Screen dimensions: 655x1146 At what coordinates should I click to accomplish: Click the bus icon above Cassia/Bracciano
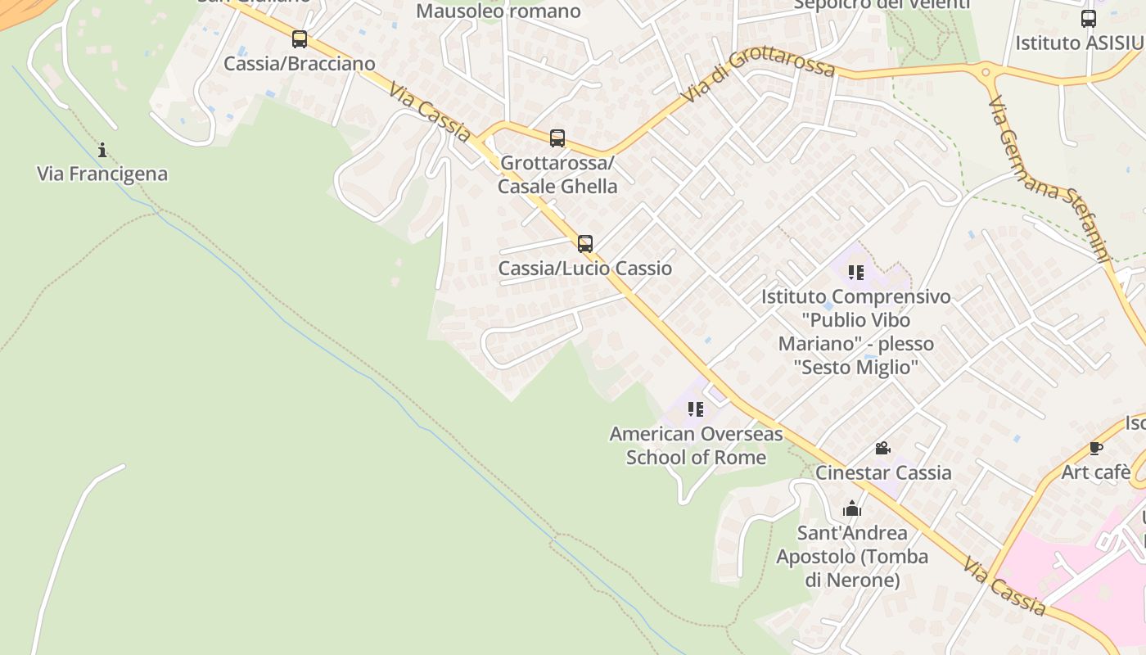click(x=300, y=38)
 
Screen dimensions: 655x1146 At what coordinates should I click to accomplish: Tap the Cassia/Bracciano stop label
click(x=300, y=64)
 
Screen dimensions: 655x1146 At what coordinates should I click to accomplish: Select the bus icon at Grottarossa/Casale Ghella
click(x=557, y=138)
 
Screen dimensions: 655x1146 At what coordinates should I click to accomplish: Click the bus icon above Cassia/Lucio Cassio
click(x=585, y=243)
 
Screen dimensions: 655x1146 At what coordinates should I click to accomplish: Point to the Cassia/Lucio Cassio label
click(x=585, y=269)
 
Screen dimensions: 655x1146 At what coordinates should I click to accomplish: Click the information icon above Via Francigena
click(x=102, y=150)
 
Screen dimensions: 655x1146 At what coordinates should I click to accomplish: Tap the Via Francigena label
click(x=102, y=174)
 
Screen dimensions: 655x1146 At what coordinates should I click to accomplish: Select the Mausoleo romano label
click(x=499, y=11)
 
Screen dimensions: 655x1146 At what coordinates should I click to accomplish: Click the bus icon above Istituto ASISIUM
click(x=1089, y=19)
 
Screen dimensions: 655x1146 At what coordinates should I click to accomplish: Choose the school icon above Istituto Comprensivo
click(x=856, y=273)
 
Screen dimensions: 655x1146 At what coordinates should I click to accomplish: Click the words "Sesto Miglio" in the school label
click(x=856, y=367)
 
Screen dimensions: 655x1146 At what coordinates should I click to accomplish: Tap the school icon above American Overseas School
click(x=696, y=409)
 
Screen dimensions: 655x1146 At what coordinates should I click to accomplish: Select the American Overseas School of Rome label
click(x=696, y=445)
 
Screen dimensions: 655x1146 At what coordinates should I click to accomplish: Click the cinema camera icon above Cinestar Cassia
click(x=882, y=449)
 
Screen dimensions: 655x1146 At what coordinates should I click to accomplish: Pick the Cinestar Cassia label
click(x=883, y=473)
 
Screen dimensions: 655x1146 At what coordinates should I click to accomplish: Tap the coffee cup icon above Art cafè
click(x=1096, y=448)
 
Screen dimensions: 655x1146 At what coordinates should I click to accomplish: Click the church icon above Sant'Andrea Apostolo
click(x=852, y=508)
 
